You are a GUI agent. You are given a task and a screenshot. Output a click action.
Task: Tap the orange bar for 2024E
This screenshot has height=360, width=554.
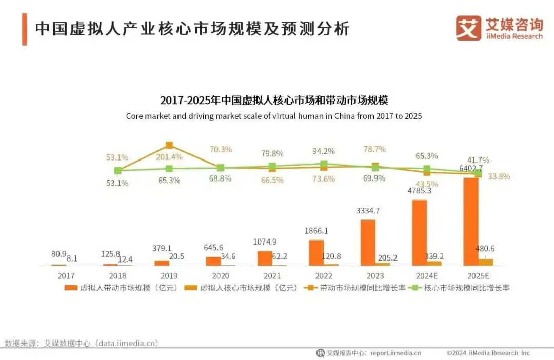pyautogui.click(x=419, y=232)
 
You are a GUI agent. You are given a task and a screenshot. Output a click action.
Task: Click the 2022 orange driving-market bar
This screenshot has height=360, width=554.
pyautogui.click(x=316, y=252)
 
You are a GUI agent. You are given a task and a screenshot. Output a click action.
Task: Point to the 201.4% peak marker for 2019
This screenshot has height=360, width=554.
pyautogui.click(x=169, y=145)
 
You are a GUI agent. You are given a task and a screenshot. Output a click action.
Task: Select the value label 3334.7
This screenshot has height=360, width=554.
pyautogui.click(x=368, y=211)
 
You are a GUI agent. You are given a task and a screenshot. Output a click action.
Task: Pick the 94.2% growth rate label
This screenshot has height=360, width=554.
pyautogui.click(x=324, y=151)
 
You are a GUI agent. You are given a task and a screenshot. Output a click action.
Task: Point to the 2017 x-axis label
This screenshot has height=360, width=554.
pyautogui.click(x=66, y=275)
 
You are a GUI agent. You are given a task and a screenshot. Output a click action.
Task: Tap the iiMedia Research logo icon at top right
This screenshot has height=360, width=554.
pyautogui.click(x=468, y=28)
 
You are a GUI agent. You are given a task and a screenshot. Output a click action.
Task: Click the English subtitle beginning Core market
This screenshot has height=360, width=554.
pyautogui.click(x=274, y=116)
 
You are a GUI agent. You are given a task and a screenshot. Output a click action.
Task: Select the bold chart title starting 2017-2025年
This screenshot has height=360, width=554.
pyautogui.click(x=274, y=100)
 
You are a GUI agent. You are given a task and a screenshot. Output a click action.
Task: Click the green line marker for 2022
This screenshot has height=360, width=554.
pyautogui.click(x=324, y=164)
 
